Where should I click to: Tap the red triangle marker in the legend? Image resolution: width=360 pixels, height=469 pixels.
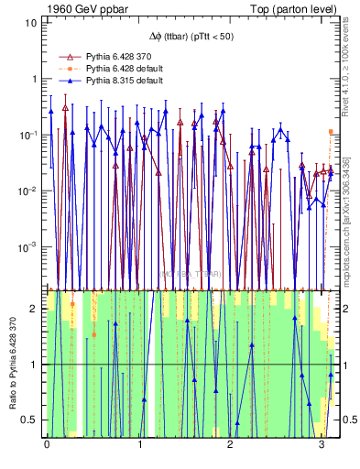[x=65, y=57]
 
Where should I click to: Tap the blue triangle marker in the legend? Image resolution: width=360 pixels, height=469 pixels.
[x=65, y=81]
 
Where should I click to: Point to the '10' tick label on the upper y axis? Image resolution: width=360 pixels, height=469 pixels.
[x=30, y=22]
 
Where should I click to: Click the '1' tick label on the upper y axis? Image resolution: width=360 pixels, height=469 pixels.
[x=33, y=79]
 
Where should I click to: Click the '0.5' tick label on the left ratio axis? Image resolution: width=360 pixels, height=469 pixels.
[x=30, y=420]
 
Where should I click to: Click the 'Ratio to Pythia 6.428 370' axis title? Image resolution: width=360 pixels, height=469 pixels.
[x=12, y=365]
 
